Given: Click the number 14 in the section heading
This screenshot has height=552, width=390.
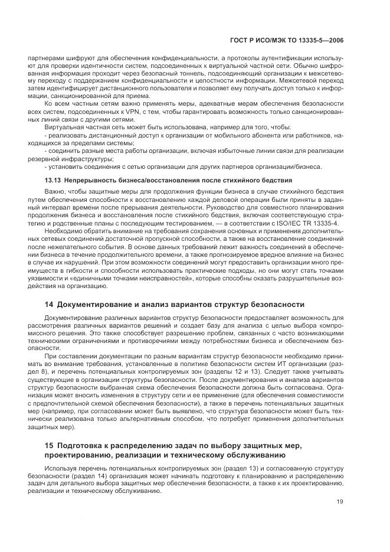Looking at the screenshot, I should click(49, 304).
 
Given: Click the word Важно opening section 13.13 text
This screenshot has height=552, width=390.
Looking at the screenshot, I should click(55, 192).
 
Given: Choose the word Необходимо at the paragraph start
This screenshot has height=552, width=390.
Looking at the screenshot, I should click(64, 233).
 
